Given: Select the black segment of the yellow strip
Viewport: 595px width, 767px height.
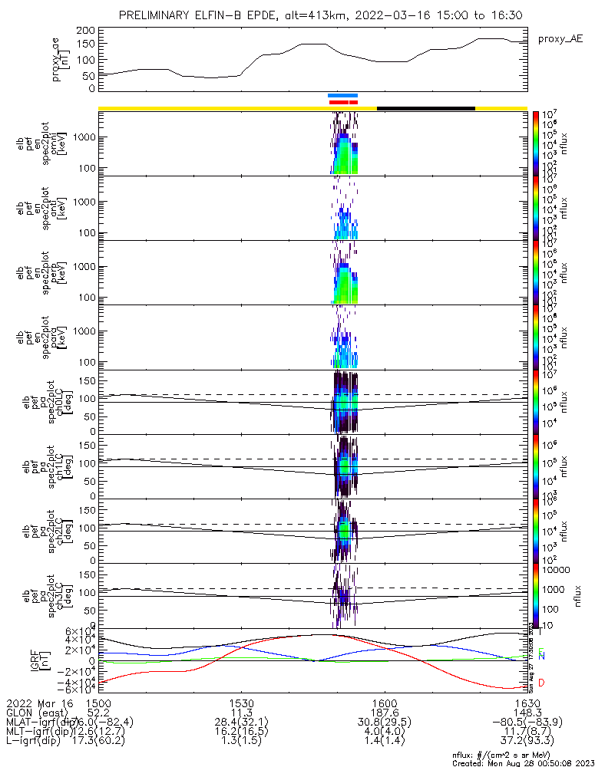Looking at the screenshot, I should (425, 108).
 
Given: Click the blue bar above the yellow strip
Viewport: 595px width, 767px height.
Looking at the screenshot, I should (342, 96).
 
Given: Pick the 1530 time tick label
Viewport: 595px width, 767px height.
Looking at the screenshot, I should (242, 703).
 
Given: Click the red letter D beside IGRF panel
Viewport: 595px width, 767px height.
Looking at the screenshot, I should (541, 683).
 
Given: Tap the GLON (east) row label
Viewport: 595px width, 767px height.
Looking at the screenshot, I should (38, 713).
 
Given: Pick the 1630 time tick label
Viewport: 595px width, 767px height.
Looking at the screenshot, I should (526, 703).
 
